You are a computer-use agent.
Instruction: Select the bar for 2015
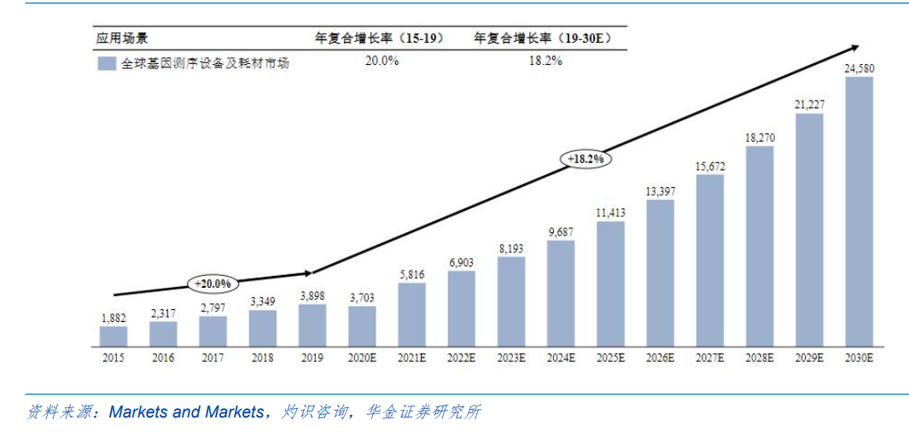click(x=113, y=336)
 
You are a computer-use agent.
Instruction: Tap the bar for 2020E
click(x=361, y=326)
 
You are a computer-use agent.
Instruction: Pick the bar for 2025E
click(x=609, y=284)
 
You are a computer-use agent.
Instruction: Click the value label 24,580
click(x=859, y=68)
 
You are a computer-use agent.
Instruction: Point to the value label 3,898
click(x=312, y=295)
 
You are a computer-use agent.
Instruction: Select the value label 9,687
click(x=560, y=231)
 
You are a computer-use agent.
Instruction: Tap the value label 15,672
click(x=709, y=166)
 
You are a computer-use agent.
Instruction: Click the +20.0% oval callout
click(x=212, y=283)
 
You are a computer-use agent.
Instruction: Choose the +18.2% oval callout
click(x=586, y=159)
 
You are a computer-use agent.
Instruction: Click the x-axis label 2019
click(x=312, y=359)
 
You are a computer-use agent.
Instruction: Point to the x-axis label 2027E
click(x=709, y=359)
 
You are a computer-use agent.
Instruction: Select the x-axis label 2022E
click(x=461, y=359)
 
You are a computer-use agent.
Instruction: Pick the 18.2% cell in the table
click(x=543, y=61)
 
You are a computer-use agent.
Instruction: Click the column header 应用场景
click(x=121, y=38)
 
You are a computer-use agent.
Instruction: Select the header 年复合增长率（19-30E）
click(x=543, y=38)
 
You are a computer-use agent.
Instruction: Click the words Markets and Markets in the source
click(x=186, y=412)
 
